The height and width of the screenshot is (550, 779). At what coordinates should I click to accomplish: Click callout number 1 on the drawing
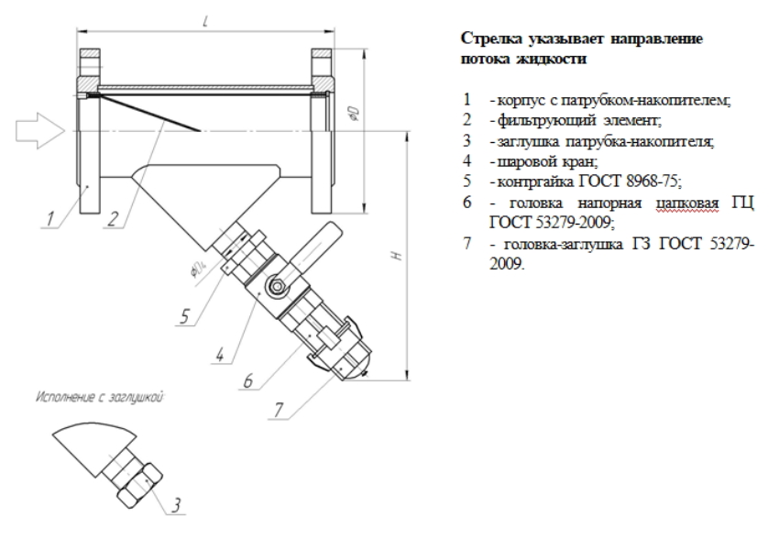point(49,218)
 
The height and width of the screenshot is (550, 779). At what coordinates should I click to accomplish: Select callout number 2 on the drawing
point(114,218)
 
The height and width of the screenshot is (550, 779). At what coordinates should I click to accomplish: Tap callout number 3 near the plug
point(176,505)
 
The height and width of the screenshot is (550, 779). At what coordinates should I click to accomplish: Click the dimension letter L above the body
point(205,21)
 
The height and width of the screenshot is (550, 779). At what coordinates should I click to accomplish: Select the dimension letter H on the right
point(397,256)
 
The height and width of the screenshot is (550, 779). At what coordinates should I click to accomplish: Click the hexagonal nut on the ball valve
point(276,286)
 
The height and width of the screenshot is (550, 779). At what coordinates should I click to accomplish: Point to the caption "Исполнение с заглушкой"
point(101,397)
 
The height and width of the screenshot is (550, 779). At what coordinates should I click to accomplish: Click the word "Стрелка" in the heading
point(492,38)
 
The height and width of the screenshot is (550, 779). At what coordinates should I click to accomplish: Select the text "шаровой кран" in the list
point(546,161)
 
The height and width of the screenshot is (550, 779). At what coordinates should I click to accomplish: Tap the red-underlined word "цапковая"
point(687,203)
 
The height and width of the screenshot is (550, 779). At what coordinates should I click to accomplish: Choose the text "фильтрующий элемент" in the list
point(578,120)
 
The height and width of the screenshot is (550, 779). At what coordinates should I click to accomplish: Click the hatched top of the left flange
point(91,52)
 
